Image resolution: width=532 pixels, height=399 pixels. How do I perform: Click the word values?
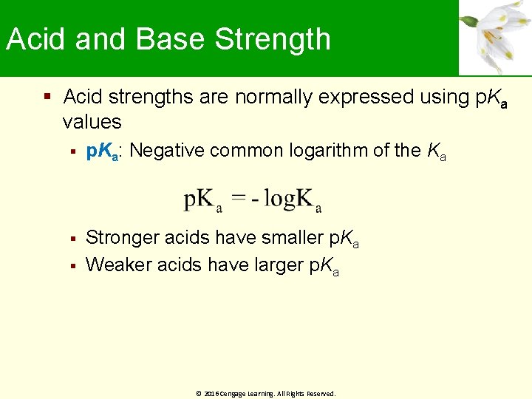pyautogui.click(x=92, y=121)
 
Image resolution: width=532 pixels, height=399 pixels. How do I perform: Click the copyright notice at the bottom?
pyautogui.click(x=266, y=394)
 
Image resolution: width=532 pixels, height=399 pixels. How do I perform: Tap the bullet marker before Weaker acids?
pyautogui.click(x=72, y=265)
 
